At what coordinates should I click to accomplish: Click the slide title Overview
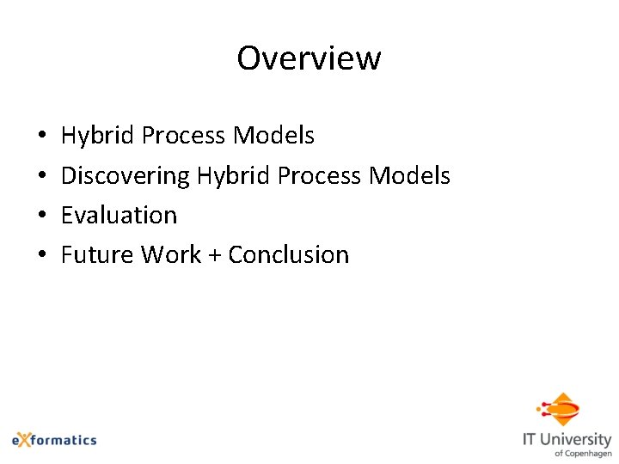click(x=309, y=58)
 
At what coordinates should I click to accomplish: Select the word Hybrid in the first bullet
click(x=98, y=136)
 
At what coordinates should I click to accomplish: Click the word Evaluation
click(x=119, y=215)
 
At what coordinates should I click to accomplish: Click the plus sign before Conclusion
click(x=215, y=255)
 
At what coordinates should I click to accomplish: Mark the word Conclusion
click(x=289, y=254)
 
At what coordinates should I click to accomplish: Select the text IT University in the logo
click(x=567, y=439)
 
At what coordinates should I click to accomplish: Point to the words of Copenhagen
click(x=583, y=453)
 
